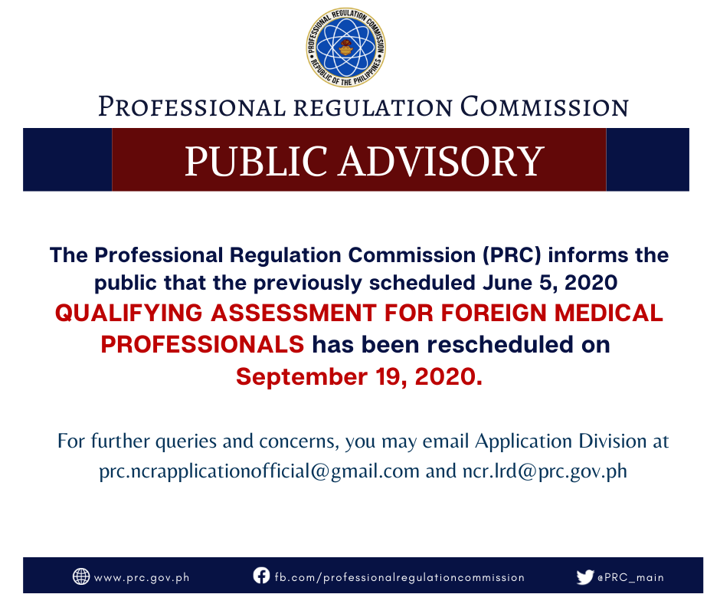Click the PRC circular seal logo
(x=346, y=48)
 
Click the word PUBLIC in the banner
(x=257, y=161)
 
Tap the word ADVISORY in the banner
(x=442, y=161)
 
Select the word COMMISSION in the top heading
(x=544, y=107)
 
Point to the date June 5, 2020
(x=550, y=283)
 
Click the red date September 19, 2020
(x=359, y=377)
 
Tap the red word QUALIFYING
(x=129, y=313)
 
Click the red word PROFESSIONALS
(x=202, y=345)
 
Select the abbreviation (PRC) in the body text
(x=512, y=255)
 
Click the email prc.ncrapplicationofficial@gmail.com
(x=260, y=471)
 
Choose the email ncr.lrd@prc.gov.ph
(x=545, y=471)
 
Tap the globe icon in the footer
(x=81, y=576)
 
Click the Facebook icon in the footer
(x=261, y=576)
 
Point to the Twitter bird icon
(x=585, y=577)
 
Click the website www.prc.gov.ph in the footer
(x=142, y=578)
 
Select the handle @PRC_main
(x=630, y=577)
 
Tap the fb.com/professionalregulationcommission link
(x=400, y=577)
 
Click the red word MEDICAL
(x=608, y=313)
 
